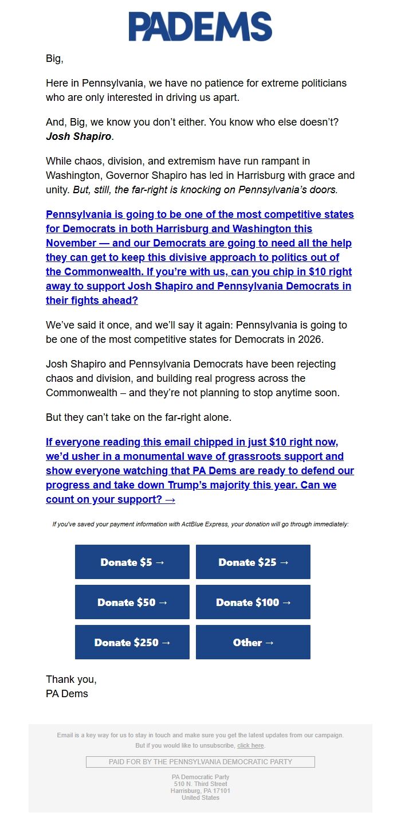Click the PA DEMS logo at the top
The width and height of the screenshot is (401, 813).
click(200, 27)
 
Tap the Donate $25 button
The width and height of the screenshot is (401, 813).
click(253, 562)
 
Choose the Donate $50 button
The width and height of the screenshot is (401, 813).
click(132, 602)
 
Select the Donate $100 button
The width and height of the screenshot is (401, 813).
click(253, 602)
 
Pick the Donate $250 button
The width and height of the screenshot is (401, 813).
click(132, 642)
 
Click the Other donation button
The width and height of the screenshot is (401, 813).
click(253, 642)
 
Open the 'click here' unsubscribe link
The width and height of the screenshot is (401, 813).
click(250, 745)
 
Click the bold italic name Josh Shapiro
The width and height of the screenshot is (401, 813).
click(78, 137)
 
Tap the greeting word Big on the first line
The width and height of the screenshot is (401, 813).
click(53, 58)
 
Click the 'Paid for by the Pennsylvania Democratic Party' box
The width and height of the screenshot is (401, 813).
click(200, 762)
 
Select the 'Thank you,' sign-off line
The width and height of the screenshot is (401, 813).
click(71, 679)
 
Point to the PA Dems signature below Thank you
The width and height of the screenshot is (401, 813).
click(67, 694)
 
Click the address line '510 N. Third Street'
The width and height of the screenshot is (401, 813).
click(200, 784)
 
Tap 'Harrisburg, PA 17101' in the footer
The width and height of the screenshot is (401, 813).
click(200, 791)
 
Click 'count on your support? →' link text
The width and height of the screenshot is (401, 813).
click(111, 499)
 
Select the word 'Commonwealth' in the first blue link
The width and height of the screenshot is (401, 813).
click(103, 272)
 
